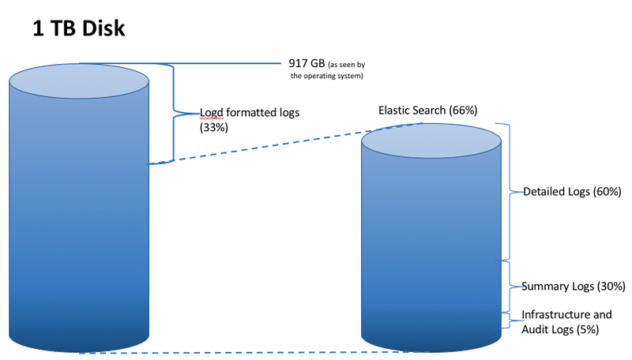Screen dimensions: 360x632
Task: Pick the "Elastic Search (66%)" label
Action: (427, 110)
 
